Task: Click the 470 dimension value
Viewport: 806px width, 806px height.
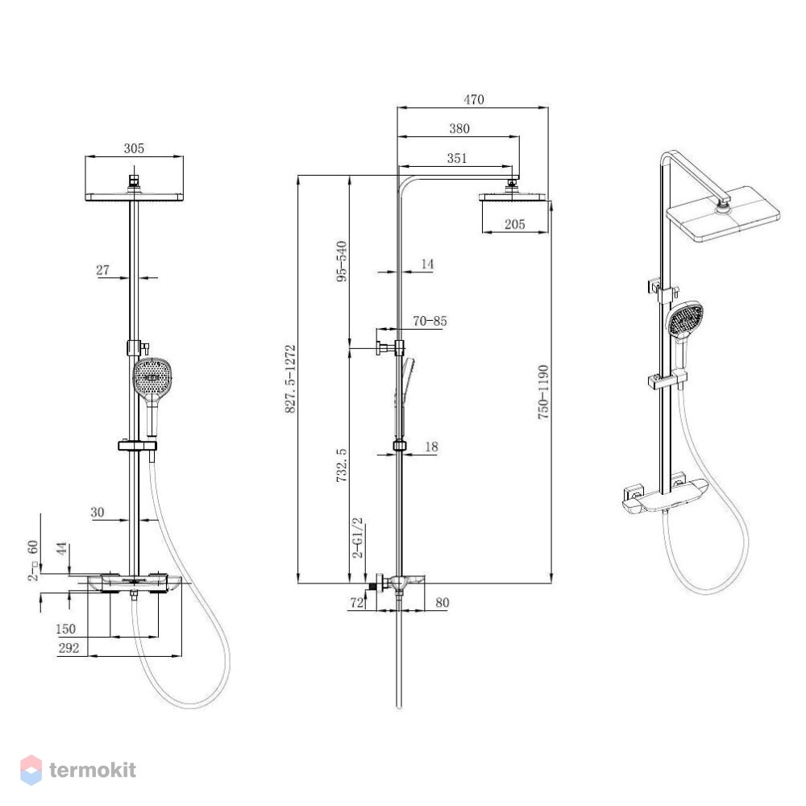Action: click(x=474, y=99)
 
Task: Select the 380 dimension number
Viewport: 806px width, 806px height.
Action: click(x=459, y=128)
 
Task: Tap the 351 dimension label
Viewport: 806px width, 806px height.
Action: click(x=457, y=158)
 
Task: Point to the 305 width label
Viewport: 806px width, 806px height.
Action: click(x=134, y=148)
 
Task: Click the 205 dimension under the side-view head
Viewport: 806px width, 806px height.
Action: click(x=514, y=224)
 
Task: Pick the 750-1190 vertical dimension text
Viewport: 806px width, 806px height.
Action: click(x=543, y=393)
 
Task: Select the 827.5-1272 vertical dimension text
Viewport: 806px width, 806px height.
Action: click(x=290, y=379)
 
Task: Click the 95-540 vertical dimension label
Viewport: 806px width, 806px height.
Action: click(x=342, y=261)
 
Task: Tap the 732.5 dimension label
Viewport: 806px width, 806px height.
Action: click(x=342, y=465)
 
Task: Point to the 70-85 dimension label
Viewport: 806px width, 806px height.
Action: click(x=430, y=322)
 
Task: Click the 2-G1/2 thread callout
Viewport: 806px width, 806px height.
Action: click(x=357, y=538)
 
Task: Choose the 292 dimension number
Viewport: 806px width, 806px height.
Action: click(x=69, y=648)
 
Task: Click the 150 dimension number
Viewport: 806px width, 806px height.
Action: click(x=65, y=629)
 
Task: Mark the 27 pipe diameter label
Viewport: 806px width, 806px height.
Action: click(x=103, y=270)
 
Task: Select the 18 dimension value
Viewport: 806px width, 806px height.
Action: click(x=431, y=447)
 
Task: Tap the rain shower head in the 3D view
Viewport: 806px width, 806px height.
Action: click(x=723, y=214)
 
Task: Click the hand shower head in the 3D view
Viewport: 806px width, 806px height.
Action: click(x=683, y=318)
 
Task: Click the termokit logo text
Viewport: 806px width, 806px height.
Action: click(x=93, y=770)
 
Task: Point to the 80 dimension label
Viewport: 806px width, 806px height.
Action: click(x=442, y=602)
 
